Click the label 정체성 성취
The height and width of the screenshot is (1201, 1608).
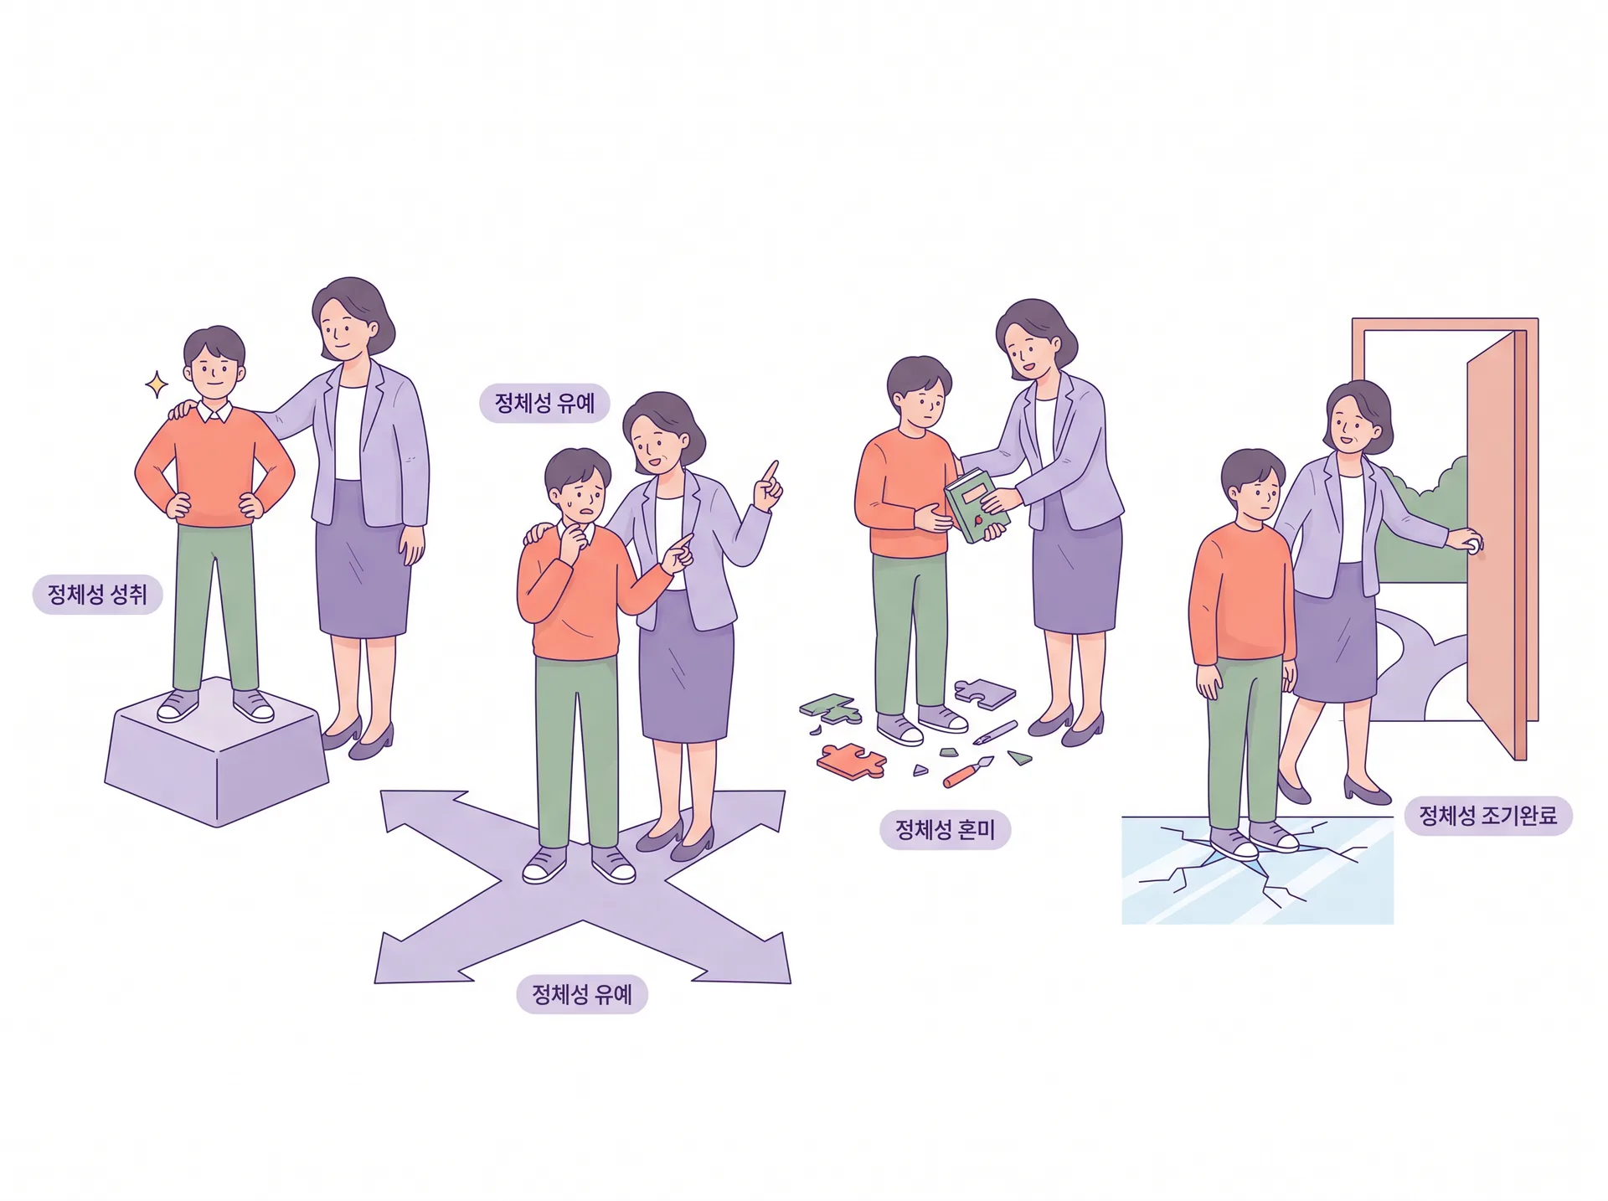tap(97, 595)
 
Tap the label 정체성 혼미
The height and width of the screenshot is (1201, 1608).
tap(945, 830)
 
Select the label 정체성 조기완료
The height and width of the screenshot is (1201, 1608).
tap(1487, 816)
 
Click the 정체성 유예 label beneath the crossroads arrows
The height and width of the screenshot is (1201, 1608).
tap(582, 994)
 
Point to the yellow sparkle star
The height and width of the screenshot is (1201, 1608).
tap(156, 384)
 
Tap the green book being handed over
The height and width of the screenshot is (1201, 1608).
tap(977, 505)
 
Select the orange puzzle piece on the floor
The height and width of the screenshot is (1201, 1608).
tap(851, 760)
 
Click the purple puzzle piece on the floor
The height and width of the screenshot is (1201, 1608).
tap(985, 693)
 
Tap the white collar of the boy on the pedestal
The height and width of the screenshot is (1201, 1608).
tap(215, 412)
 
